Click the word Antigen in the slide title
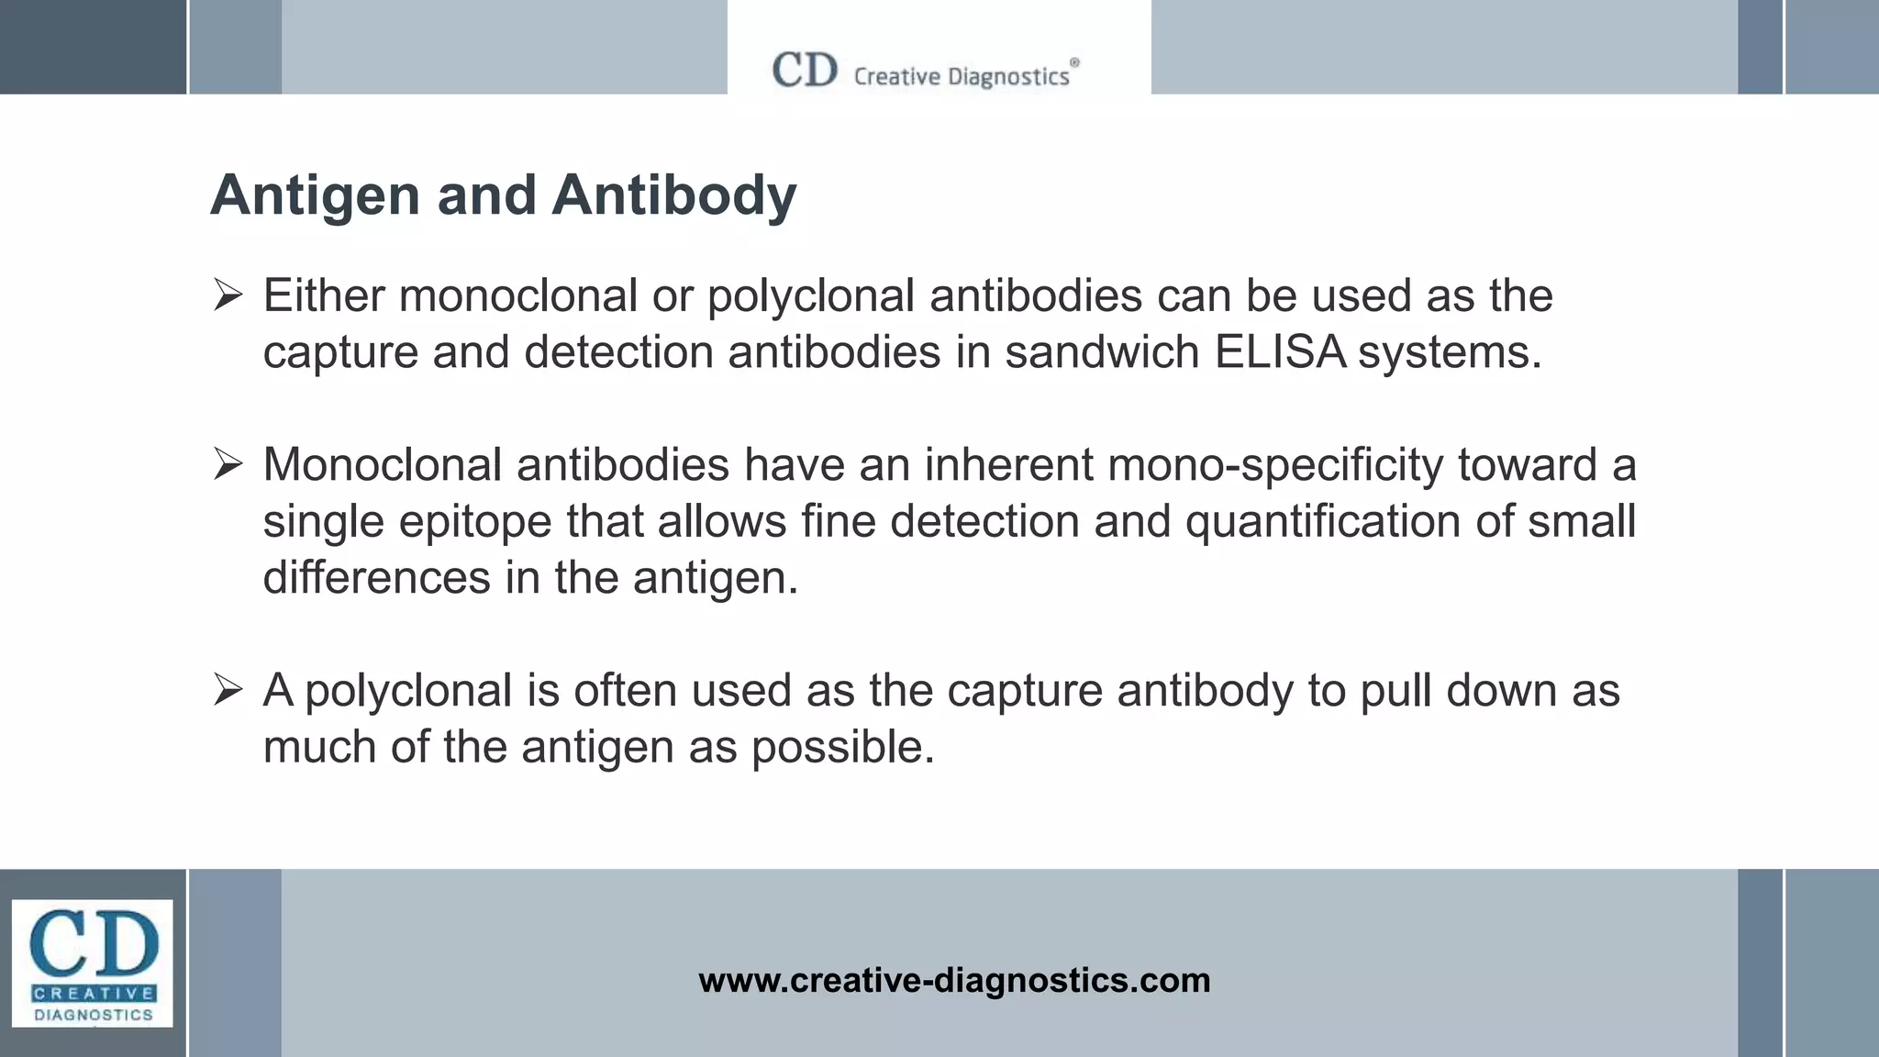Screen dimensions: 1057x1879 pyautogui.click(x=315, y=196)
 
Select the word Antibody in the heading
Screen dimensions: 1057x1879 pyautogui.click(x=674, y=196)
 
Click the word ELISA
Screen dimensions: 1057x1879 pyautogui.click(x=1280, y=352)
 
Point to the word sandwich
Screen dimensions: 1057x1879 pyautogui.click(x=1102, y=352)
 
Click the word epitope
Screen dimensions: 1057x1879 pyautogui.click(x=475, y=521)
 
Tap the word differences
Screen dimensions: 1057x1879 pyautogui.click(x=377, y=578)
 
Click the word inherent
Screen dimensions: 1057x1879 pyautogui.click(x=1008, y=465)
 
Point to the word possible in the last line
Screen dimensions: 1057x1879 pyautogui.click(x=842, y=748)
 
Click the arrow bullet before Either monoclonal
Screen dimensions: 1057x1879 pyautogui.click(x=228, y=296)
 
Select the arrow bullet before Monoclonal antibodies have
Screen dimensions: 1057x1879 pyautogui.click(x=228, y=465)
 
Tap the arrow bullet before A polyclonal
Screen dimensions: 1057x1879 pyautogui.click(x=228, y=690)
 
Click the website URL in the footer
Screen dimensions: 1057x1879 pyautogui.click(x=954, y=981)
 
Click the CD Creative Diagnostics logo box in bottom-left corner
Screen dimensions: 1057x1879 pyautogui.click(x=92, y=962)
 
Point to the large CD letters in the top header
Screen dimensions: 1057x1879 pyautogui.click(x=805, y=71)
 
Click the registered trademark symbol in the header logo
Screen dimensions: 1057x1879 pyautogui.click(x=1075, y=62)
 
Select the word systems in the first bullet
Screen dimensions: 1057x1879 pyautogui.click(x=1450, y=352)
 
